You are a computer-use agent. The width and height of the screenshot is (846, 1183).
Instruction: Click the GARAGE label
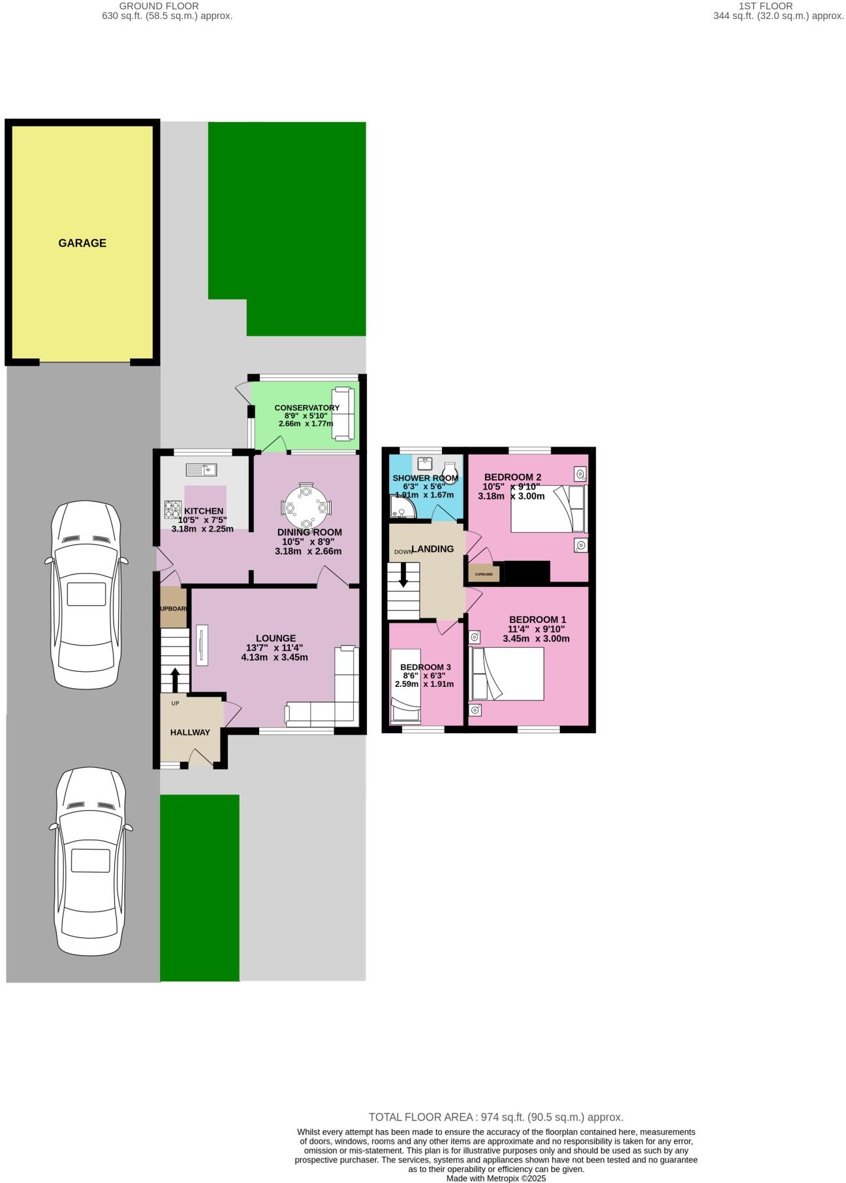82,243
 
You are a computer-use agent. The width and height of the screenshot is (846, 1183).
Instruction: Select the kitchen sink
201,469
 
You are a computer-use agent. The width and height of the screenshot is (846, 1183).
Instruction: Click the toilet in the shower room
450,471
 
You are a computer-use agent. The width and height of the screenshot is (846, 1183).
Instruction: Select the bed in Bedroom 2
548,509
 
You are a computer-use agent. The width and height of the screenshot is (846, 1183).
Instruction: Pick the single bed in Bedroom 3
405,684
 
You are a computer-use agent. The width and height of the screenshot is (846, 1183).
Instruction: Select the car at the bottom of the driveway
90,860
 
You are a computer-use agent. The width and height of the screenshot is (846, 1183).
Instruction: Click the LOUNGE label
275,638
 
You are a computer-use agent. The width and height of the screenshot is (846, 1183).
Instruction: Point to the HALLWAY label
190,733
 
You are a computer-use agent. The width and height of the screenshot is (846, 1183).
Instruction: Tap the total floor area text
496,1117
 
